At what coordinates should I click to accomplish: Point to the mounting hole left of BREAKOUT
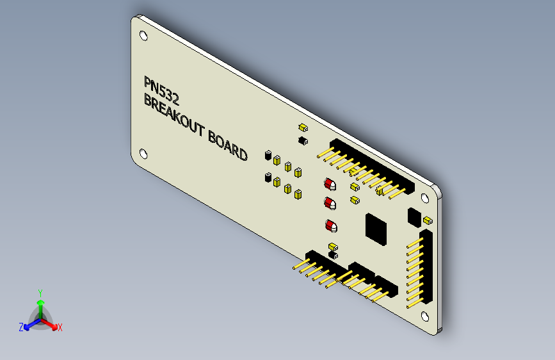[144, 154]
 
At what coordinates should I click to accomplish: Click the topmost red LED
[330, 185]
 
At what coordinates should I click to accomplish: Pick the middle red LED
[330, 204]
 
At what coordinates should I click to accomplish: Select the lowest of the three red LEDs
[330, 226]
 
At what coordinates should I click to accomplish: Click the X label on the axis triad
[60, 328]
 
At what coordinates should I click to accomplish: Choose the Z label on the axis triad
[21, 327]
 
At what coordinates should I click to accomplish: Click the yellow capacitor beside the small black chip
[427, 222]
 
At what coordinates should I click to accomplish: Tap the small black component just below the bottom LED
[332, 256]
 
